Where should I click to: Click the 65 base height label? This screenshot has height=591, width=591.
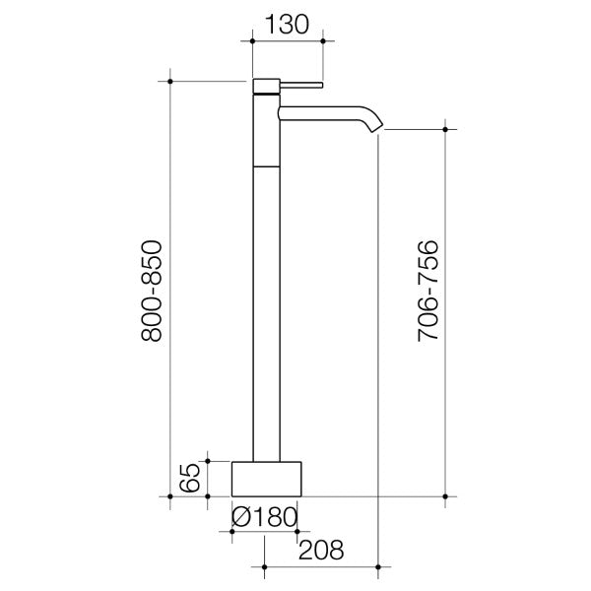click(x=191, y=478)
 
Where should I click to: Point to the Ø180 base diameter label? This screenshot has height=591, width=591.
click(x=263, y=516)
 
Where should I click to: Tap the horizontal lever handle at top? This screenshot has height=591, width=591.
click(x=303, y=85)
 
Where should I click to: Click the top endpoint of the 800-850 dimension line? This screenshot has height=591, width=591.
click(x=171, y=80)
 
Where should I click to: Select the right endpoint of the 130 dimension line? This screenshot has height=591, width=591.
click(x=325, y=40)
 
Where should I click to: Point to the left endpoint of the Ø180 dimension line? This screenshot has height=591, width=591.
click(x=231, y=531)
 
